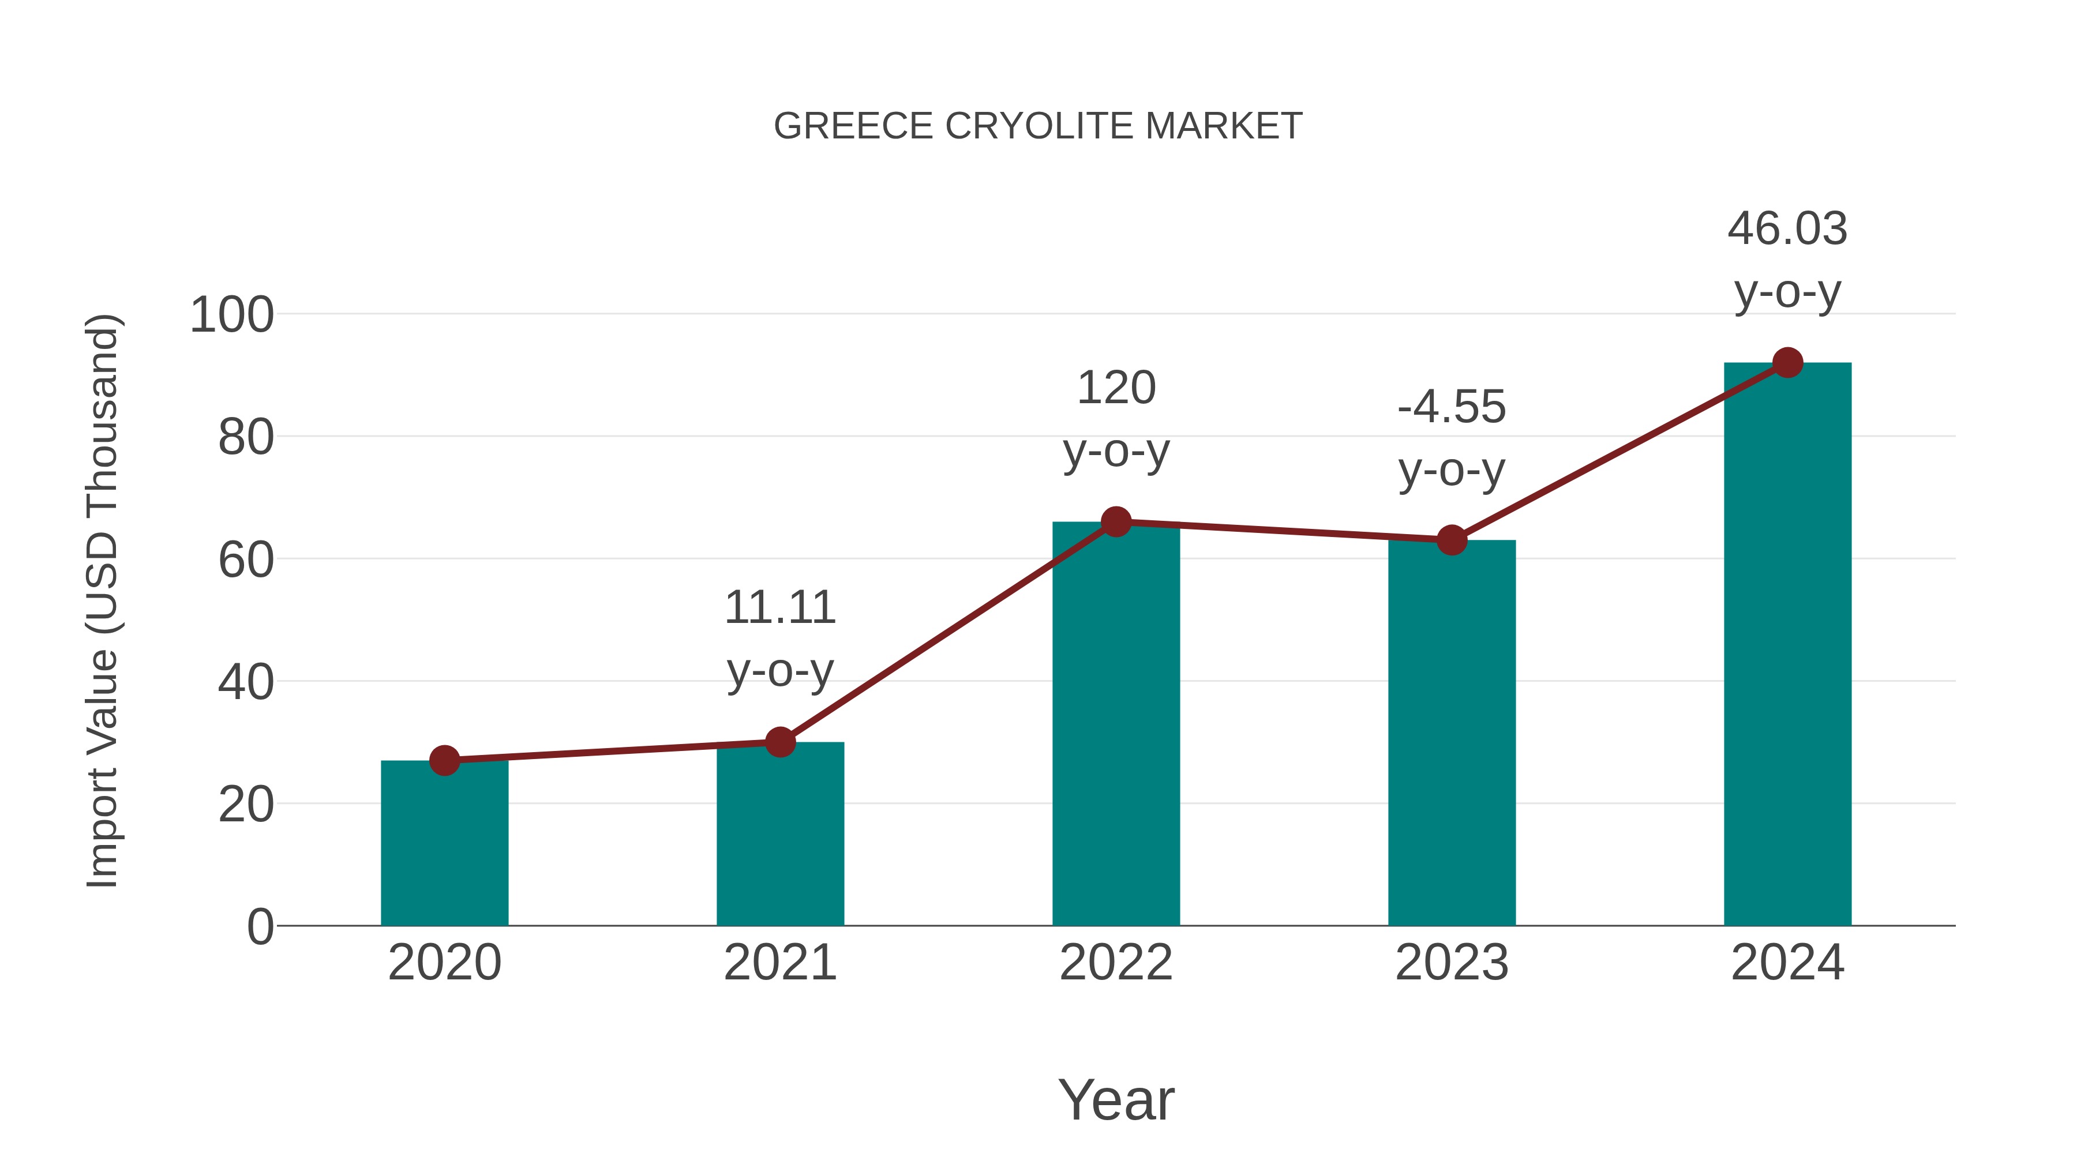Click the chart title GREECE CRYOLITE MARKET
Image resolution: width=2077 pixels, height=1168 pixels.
(1038, 126)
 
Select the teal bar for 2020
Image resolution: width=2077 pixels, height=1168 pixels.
(444, 846)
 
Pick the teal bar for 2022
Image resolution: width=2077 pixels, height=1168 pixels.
(1116, 726)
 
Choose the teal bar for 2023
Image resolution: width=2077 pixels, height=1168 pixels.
(1452, 734)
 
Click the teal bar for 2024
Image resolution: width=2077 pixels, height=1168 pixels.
(1787, 645)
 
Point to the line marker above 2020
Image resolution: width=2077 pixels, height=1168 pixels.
(444, 760)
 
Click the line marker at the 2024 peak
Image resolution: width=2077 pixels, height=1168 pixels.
(1787, 363)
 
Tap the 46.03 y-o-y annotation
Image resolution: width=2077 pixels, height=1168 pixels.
(1787, 260)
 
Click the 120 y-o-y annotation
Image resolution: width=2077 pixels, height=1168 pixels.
(1116, 419)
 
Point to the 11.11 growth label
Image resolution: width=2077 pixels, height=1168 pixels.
(779, 639)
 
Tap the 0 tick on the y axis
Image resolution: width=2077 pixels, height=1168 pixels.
(260, 927)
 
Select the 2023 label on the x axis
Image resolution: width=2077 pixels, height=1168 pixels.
(1452, 963)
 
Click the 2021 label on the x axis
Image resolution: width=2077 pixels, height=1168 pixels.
(779, 963)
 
